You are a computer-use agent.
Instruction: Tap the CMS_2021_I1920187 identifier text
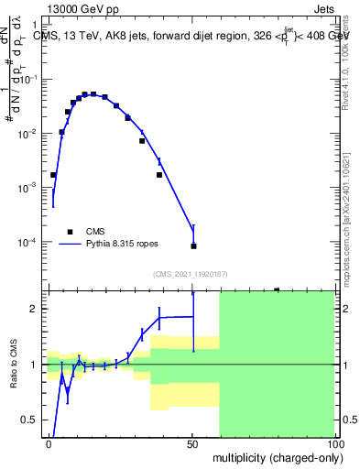(x=191, y=274)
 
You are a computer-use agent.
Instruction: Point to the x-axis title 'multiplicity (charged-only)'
(x=272, y=456)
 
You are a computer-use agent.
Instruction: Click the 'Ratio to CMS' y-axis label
(x=15, y=364)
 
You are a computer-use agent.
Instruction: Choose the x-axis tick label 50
(x=191, y=442)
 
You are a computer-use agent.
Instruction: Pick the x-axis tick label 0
(x=49, y=442)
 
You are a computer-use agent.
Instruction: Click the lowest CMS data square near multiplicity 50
(x=193, y=245)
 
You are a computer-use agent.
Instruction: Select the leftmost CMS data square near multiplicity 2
(x=53, y=174)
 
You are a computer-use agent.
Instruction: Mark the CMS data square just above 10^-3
(x=159, y=174)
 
